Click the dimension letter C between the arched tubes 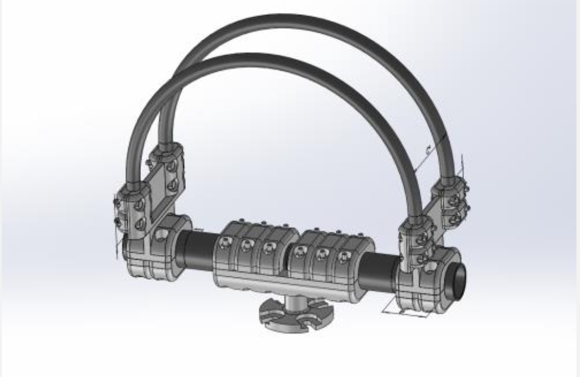pyautogui.click(x=427, y=148)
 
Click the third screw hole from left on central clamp pyautogui.click(x=270, y=248)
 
